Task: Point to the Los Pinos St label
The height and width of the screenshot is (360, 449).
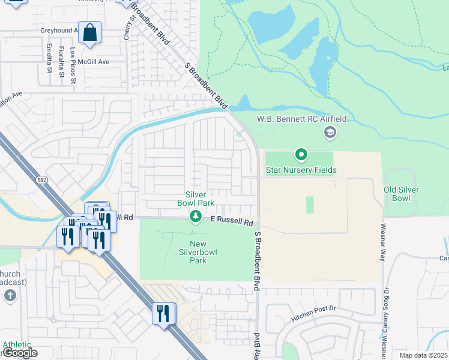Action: tap(73, 65)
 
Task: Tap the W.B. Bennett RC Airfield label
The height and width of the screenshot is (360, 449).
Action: tap(302, 119)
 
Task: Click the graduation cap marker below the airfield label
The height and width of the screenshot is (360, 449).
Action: tap(329, 133)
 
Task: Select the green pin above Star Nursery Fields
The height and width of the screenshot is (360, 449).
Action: tap(301, 155)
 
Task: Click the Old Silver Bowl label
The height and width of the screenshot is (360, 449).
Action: tap(402, 194)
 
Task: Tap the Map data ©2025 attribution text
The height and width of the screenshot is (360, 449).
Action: tap(424, 355)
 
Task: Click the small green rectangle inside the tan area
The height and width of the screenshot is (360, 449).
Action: tap(310, 205)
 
